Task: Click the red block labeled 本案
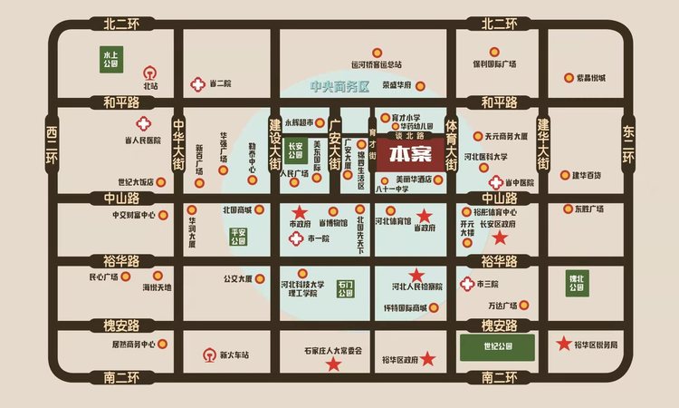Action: click(406, 155)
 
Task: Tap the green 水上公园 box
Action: click(110, 61)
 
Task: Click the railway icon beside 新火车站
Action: click(210, 354)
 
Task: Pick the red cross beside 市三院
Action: click(467, 284)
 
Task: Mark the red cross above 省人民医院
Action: click(141, 124)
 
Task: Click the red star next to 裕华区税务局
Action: click(564, 344)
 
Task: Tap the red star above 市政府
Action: click(299, 210)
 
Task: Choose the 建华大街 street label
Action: click(543, 144)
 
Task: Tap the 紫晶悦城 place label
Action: click(589, 78)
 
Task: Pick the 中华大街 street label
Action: click(179, 146)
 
